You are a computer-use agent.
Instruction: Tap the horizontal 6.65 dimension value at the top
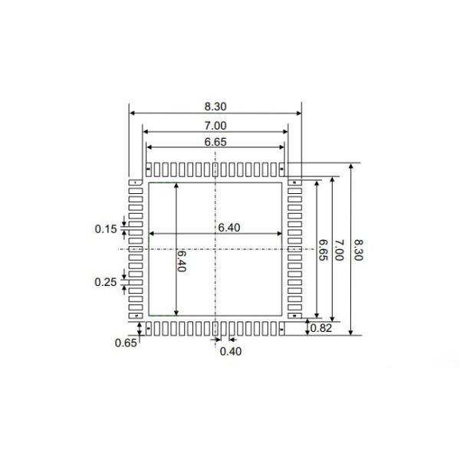click(x=215, y=142)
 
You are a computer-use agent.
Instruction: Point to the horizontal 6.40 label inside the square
click(x=228, y=227)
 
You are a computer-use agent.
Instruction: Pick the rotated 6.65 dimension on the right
click(x=323, y=251)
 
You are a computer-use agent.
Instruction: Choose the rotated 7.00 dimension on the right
click(x=338, y=251)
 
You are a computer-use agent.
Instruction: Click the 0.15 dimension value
click(x=106, y=228)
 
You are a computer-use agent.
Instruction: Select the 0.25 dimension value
click(x=106, y=282)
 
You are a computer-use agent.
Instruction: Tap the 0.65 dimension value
click(x=126, y=343)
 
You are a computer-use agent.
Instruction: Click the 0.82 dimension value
click(x=323, y=329)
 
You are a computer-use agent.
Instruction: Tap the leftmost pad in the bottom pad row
click(x=149, y=328)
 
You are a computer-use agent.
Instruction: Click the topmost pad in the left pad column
click(x=136, y=182)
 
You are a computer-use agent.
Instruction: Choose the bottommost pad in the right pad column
click(x=294, y=314)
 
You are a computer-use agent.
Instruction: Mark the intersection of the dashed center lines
click(x=215, y=248)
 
